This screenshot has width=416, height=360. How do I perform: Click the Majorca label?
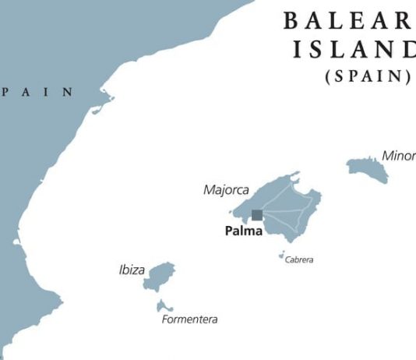(x=226, y=189)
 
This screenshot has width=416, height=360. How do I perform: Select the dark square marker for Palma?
(x=257, y=215)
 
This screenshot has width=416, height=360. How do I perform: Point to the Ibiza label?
(x=132, y=270)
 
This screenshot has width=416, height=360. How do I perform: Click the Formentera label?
(x=189, y=319)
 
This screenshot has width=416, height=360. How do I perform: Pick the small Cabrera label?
(x=299, y=260)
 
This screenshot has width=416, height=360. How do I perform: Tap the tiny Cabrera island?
(x=282, y=253)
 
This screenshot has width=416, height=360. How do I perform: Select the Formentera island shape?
(x=164, y=305)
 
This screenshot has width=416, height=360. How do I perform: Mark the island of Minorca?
(x=366, y=168)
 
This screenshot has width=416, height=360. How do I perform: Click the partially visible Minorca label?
(x=398, y=155)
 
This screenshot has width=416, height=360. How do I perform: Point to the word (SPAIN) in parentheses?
(x=367, y=76)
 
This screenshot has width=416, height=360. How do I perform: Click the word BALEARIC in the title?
(x=347, y=20)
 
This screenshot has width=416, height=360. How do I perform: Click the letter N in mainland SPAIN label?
(x=69, y=92)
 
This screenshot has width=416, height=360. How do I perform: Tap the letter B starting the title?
(x=290, y=20)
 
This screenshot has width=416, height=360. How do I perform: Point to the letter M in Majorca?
(x=208, y=189)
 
